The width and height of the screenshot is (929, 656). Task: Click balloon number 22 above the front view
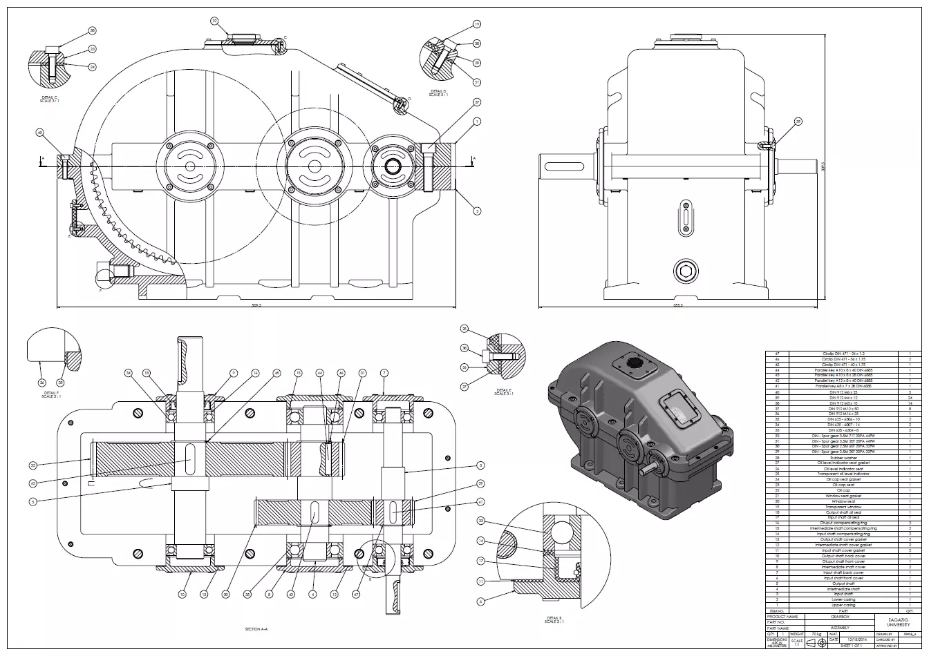(x=214, y=21)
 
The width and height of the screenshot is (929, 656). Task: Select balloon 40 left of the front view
(x=40, y=132)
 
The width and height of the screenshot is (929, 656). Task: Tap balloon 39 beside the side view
(x=798, y=122)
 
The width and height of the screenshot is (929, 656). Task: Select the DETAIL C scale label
(x=49, y=99)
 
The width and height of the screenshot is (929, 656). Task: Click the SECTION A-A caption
(x=256, y=629)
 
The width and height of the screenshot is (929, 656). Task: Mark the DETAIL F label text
(x=49, y=394)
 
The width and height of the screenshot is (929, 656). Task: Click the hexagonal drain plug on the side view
(x=686, y=271)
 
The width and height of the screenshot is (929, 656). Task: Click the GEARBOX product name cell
(x=841, y=616)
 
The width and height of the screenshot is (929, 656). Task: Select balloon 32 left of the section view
(x=32, y=465)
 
